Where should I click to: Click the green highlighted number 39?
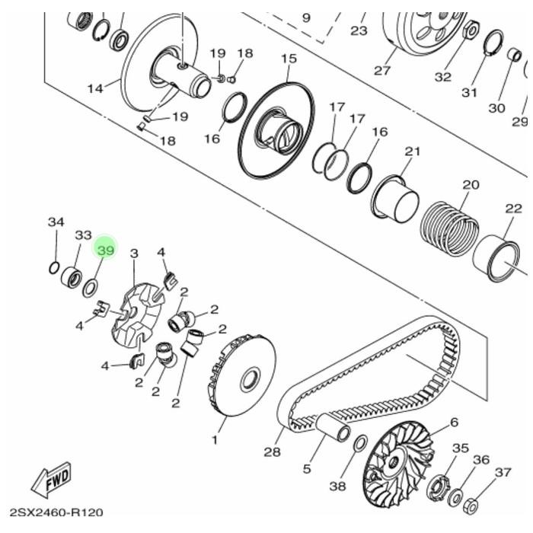point(106,249)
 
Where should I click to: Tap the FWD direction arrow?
point(52,480)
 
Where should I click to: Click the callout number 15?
point(289,59)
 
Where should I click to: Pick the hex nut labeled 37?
point(471,505)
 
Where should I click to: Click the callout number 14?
point(95,88)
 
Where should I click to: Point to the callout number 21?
point(412,152)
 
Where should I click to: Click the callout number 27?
point(381,71)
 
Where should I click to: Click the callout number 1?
point(215,440)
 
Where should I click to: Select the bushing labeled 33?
point(71,276)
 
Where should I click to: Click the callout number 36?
point(480,459)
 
